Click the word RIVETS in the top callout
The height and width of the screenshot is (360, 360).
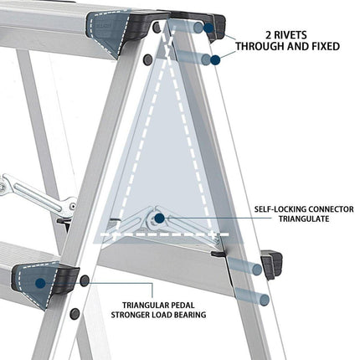point(291,35)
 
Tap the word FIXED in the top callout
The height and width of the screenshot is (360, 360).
point(324,46)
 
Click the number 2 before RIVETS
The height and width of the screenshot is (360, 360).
point(268,35)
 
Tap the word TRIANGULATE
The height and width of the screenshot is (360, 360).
point(304,219)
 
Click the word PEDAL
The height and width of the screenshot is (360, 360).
point(182,306)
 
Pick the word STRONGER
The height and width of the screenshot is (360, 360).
point(130,315)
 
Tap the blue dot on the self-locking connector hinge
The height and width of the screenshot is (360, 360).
point(159,219)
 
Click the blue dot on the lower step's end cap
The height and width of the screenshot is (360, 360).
point(41,283)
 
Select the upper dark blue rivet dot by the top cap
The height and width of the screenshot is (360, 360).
point(208,28)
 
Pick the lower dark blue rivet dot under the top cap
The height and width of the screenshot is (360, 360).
point(215,60)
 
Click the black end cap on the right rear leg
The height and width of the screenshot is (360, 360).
point(271,265)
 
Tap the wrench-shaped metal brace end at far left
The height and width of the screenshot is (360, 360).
point(6,185)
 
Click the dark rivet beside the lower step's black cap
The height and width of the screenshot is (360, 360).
point(85,280)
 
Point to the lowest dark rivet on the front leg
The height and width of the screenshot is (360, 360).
point(75,314)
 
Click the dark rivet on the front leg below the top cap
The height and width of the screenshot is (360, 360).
point(147,59)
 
